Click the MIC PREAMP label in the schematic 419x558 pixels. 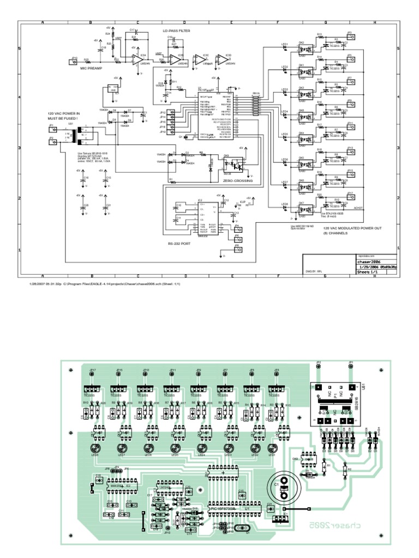coord(91,69)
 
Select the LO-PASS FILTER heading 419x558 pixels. coord(176,32)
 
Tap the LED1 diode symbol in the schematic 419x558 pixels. coord(284,47)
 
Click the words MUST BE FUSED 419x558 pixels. coord(63,118)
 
